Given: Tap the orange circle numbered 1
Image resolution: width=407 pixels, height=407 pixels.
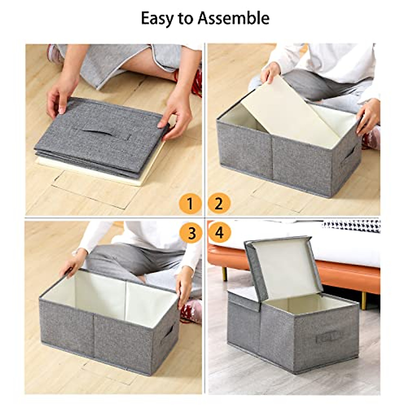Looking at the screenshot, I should coord(190,204).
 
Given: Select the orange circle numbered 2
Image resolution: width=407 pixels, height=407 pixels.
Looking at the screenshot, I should coord(219,204).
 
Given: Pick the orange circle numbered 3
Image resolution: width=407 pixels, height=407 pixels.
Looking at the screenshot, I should coord(192,233).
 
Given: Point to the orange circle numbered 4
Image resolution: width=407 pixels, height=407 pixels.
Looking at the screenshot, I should coord(220,233).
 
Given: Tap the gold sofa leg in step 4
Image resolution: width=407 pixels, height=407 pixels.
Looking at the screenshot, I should coord(225,273).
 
